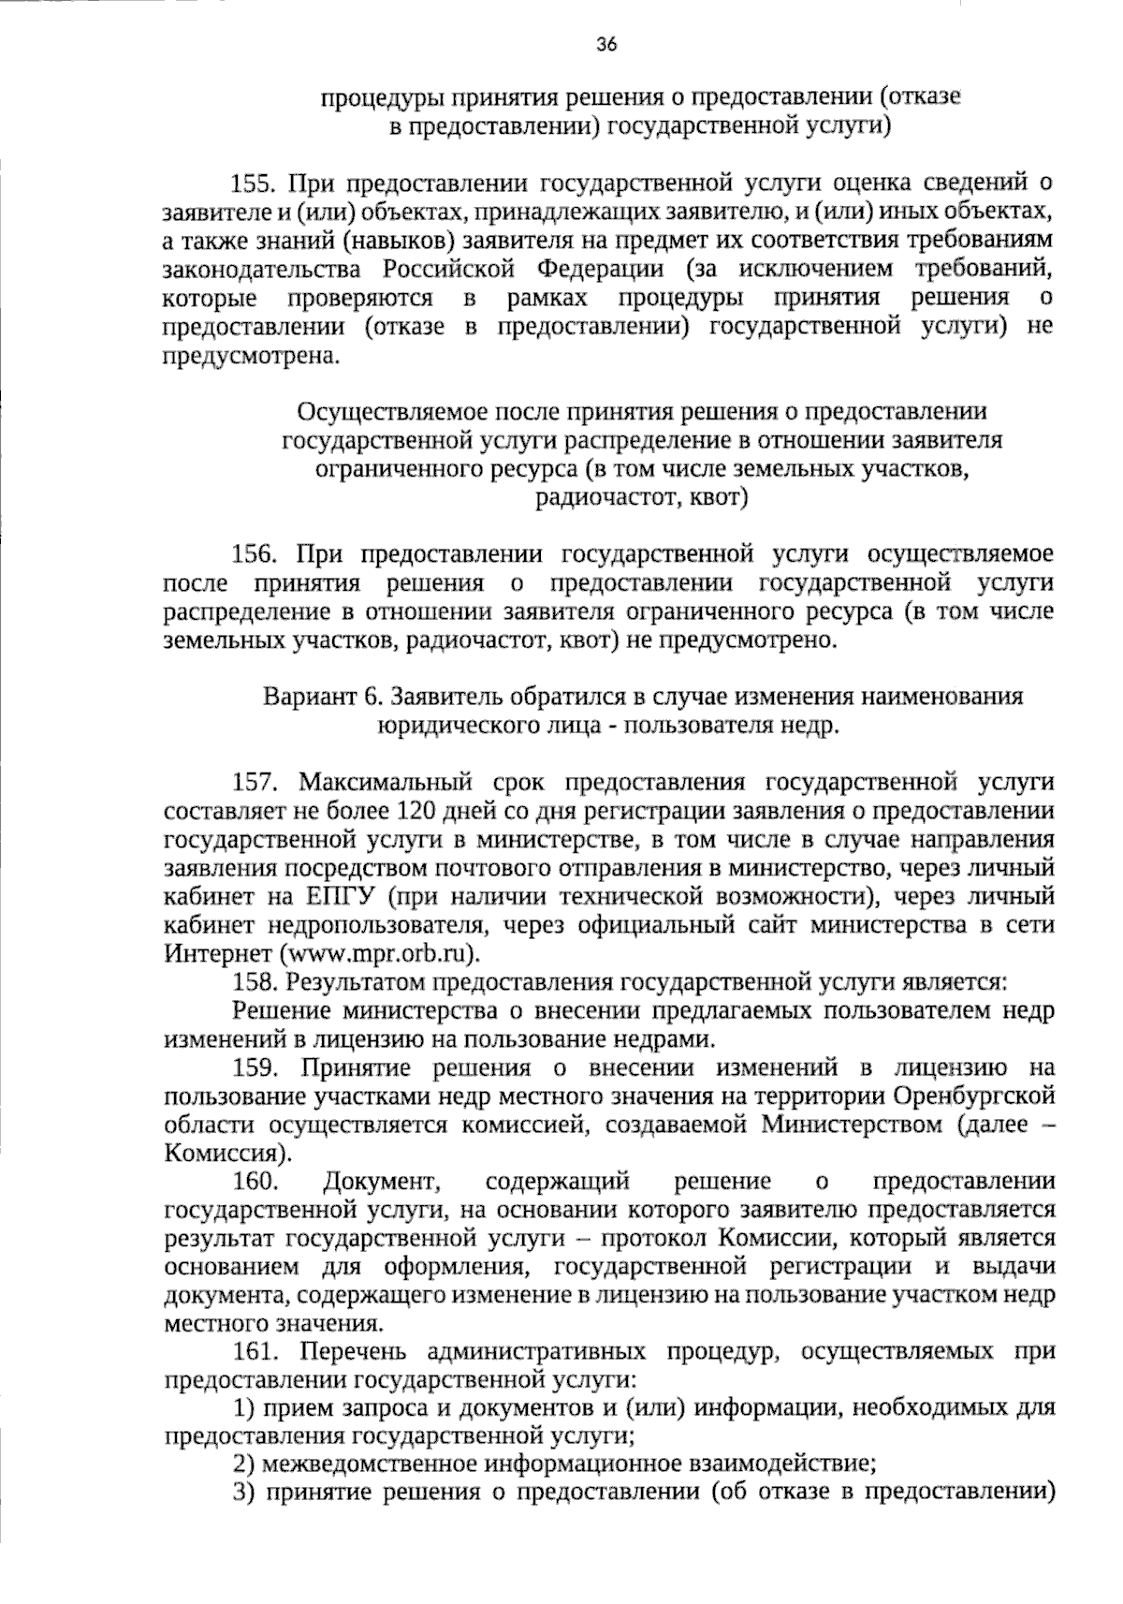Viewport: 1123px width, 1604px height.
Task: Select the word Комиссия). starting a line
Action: coord(220,1154)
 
